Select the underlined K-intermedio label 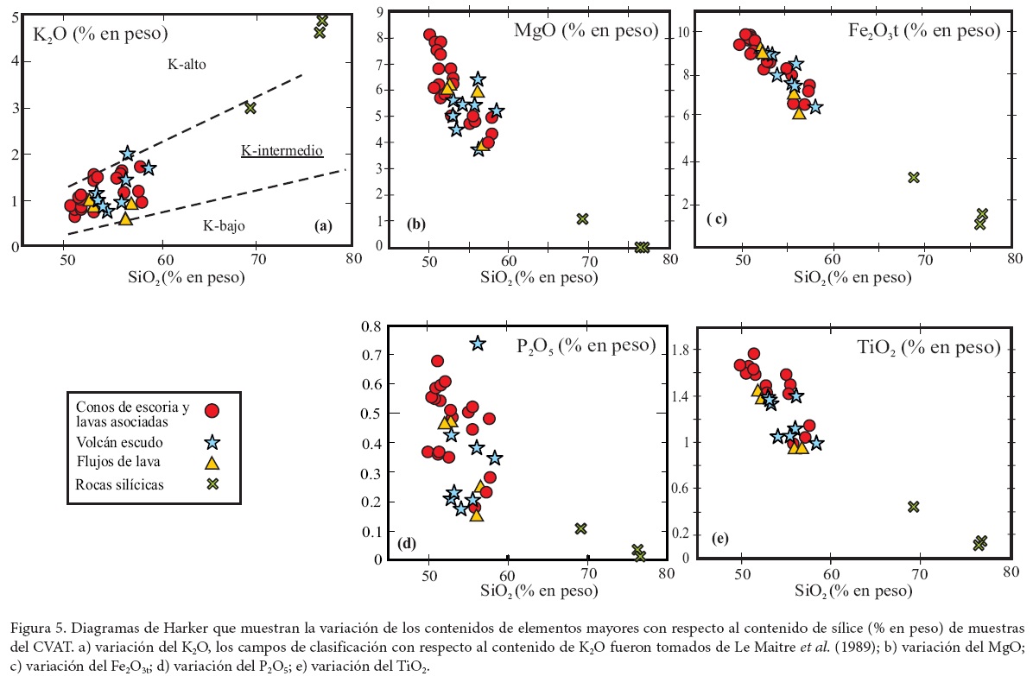[x=282, y=151]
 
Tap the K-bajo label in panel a [x=224, y=226]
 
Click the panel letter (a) [x=322, y=226]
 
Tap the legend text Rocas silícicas [x=120, y=483]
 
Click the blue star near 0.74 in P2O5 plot [x=478, y=344]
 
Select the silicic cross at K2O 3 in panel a [x=250, y=108]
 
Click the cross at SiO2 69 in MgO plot [x=582, y=218]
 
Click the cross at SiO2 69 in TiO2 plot [x=913, y=506]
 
